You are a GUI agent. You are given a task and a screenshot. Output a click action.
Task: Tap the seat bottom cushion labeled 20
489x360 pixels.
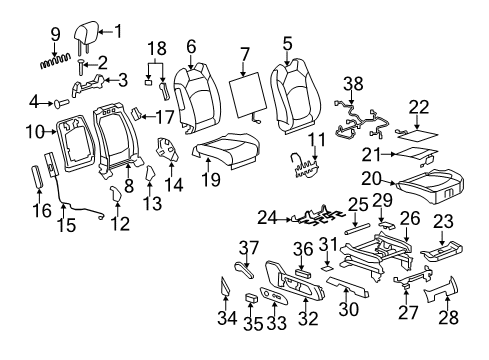(429, 186)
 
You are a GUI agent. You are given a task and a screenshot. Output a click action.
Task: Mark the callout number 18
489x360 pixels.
(156, 48)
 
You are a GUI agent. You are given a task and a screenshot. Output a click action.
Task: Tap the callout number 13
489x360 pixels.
(153, 204)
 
